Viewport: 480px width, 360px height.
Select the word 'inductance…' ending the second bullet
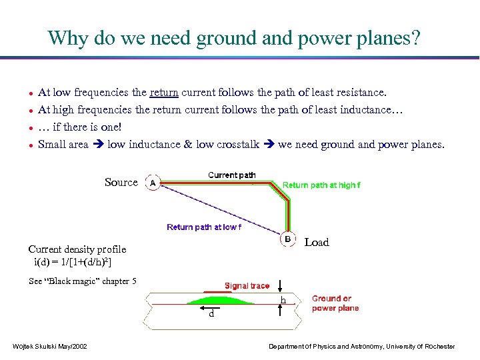(375, 109)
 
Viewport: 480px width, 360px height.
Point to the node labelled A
(152, 183)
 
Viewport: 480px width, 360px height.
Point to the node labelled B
(287, 239)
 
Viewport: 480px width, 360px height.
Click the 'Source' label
(121, 182)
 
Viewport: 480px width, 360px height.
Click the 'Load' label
(317, 243)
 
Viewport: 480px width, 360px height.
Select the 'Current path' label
(231, 175)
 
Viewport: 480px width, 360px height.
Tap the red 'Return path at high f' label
(321, 185)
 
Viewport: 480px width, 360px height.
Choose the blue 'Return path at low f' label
(204, 227)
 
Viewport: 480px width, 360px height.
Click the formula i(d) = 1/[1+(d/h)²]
(73, 262)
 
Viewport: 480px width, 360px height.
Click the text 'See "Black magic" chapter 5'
(83, 281)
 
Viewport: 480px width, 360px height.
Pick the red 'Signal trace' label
(247, 286)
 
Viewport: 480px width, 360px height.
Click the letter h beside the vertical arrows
(283, 301)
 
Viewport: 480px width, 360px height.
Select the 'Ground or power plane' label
(335, 303)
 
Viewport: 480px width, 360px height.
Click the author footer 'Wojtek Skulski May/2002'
(49, 346)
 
